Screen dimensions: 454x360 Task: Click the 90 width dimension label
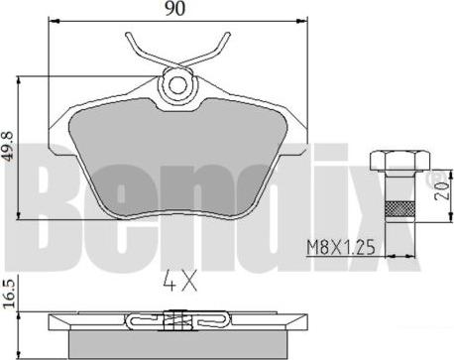(x=175, y=9)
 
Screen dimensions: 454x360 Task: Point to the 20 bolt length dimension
(x=443, y=190)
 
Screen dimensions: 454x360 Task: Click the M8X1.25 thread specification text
(x=341, y=248)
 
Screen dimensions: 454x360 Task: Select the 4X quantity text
(x=180, y=281)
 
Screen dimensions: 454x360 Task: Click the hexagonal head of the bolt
(x=400, y=160)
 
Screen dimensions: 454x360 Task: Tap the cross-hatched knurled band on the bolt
(x=400, y=209)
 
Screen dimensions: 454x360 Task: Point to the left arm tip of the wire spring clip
(x=128, y=35)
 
